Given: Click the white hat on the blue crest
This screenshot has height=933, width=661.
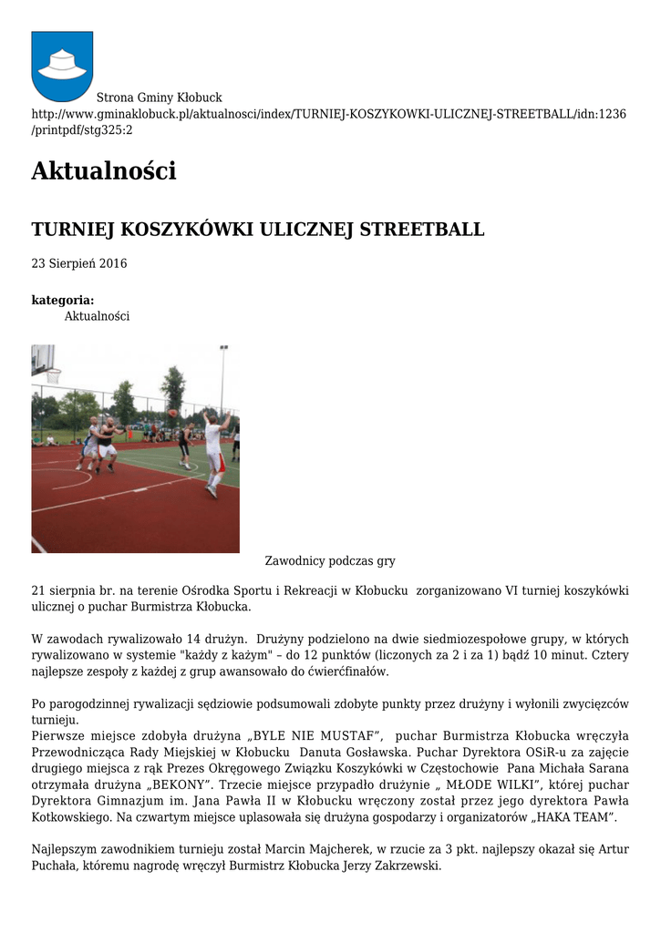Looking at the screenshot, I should [62, 64].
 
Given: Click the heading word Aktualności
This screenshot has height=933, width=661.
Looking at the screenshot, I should [103, 170].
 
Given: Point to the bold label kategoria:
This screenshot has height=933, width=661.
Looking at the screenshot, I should [63, 300].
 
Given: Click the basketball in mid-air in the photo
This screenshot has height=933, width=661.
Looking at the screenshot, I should [172, 413].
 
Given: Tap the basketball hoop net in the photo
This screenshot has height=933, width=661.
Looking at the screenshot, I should [54, 375].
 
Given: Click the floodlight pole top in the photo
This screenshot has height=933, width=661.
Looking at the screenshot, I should [223, 348].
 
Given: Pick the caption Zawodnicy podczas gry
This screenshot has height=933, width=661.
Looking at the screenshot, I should [330, 561].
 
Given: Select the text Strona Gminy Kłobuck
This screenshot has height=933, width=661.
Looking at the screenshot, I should [160, 97].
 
